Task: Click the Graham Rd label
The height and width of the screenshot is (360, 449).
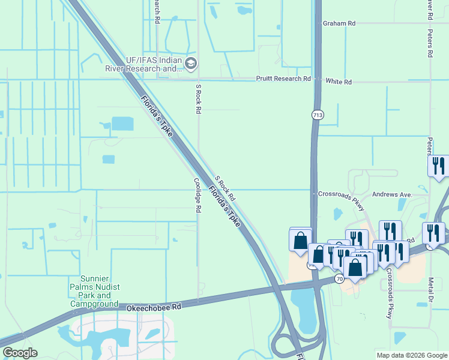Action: coord(339,23)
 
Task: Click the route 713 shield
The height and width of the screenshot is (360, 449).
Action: coord(318,114)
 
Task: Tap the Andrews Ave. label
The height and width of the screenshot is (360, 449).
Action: coord(393,194)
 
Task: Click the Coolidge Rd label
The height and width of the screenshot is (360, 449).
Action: coord(196,195)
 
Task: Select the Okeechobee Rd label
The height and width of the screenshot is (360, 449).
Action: coord(154,307)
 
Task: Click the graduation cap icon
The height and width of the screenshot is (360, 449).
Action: coord(191,63)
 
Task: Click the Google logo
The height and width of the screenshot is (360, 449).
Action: coord(20,353)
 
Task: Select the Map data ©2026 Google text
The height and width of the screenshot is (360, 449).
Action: coord(411,355)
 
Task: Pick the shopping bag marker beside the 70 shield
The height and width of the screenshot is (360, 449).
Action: coord(355,266)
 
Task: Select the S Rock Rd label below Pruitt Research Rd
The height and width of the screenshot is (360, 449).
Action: coord(197,99)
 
